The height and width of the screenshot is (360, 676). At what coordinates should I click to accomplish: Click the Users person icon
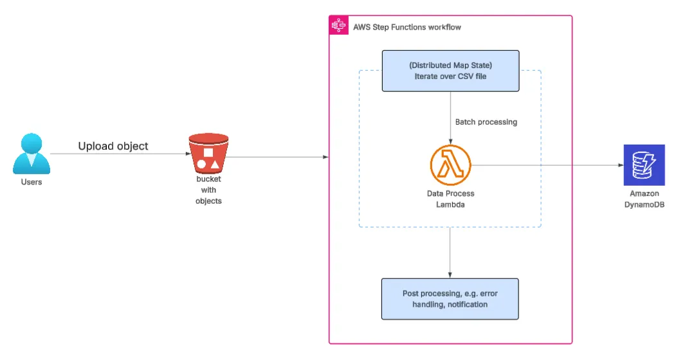click(32, 154)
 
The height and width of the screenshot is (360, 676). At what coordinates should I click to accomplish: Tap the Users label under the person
click(32, 182)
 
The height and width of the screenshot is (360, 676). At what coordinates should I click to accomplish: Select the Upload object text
click(113, 146)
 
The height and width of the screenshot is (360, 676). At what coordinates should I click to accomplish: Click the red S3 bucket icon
click(208, 153)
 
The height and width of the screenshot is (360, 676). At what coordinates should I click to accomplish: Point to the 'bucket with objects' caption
click(208, 190)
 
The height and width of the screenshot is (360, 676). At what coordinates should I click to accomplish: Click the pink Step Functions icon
click(339, 25)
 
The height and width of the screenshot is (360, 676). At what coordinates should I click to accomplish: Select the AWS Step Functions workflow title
click(407, 27)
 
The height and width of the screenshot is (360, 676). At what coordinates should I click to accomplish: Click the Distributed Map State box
click(450, 71)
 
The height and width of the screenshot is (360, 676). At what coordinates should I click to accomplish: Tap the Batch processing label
click(486, 122)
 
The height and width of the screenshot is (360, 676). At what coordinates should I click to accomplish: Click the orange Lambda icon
click(450, 165)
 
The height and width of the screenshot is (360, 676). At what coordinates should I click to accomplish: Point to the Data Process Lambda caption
click(450, 199)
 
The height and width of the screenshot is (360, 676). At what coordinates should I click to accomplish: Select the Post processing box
click(450, 299)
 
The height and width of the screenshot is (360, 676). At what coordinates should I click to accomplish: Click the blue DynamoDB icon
click(644, 165)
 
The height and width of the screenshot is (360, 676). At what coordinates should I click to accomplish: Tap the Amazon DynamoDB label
click(644, 199)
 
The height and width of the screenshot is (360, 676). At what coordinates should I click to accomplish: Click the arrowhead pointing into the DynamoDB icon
click(621, 165)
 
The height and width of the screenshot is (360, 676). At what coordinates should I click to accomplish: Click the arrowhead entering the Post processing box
click(450, 276)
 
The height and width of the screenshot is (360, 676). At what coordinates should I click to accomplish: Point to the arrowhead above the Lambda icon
click(450, 141)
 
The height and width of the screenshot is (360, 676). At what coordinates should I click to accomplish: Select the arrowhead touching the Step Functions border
click(326, 157)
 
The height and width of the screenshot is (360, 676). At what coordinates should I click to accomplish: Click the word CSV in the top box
click(466, 76)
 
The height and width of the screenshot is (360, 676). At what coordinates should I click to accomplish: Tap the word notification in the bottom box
click(468, 304)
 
